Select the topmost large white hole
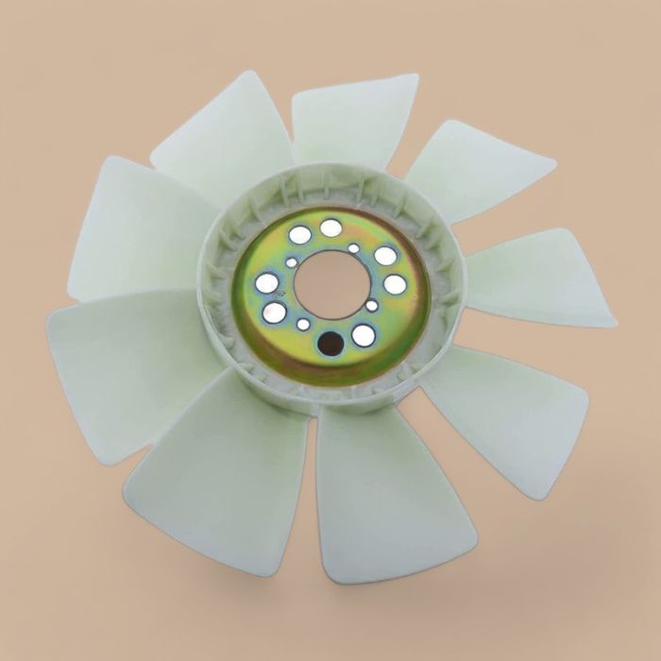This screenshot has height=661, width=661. point(330,228)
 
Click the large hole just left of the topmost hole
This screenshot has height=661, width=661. point(299,235)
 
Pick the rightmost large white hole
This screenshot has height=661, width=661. point(395,284)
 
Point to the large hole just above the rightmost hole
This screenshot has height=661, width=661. point(385,255)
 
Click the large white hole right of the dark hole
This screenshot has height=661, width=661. point(364,334)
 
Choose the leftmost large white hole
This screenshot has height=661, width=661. point(267,282)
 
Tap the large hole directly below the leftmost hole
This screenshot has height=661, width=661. point(274,313)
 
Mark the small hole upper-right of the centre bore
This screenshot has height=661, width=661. point(353,248)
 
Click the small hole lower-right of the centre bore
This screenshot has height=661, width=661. point(372,306)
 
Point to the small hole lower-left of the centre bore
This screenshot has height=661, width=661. point(303,324)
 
